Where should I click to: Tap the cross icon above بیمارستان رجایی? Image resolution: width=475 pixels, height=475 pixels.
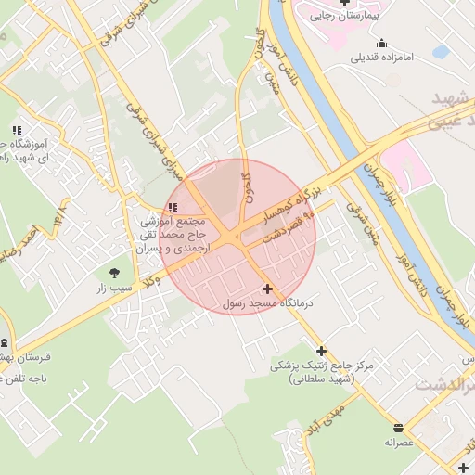[x=345, y=3]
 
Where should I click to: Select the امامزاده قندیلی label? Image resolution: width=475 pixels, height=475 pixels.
[x=383, y=57]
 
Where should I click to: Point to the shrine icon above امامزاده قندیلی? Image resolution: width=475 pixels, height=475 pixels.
[x=382, y=43]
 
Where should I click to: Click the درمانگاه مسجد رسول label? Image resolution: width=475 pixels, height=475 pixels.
[x=269, y=302]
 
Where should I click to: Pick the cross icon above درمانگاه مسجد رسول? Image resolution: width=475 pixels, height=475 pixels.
[x=268, y=289]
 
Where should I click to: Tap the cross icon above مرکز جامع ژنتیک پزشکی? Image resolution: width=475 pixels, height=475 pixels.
[x=321, y=351]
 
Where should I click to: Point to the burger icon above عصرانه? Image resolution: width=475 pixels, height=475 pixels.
[x=398, y=428]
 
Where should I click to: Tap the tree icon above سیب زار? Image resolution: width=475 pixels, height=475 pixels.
[x=114, y=273]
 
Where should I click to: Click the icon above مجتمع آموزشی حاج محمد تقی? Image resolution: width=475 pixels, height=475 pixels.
[x=172, y=207]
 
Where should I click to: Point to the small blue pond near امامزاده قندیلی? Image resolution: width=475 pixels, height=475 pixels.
[x=441, y=51]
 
